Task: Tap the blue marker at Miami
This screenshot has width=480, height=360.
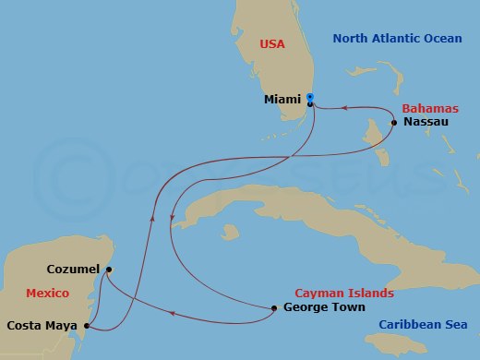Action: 310,97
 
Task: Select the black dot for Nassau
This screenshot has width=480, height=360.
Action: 394,123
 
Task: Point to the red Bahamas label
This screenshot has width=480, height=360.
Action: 429,108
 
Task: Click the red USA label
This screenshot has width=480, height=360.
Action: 272,43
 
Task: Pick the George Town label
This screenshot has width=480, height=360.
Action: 324,307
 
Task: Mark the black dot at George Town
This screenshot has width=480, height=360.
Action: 275,308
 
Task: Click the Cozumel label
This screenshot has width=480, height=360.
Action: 73,270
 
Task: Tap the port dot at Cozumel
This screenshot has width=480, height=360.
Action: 108,270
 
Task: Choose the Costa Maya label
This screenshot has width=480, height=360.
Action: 42,325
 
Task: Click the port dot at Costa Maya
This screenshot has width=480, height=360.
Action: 86,325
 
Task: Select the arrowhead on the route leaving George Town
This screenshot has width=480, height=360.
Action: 172,314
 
